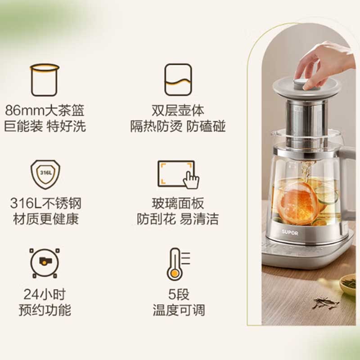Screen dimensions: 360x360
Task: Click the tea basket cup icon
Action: [45, 80]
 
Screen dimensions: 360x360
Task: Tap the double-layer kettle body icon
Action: [178, 80]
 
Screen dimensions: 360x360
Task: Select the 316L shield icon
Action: [45, 175]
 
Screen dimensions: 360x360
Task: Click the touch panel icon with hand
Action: [178, 175]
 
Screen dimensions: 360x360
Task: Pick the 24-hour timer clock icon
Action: [45, 263]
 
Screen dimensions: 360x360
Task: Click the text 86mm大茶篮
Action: [45, 110]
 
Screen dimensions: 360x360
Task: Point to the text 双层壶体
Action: [178, 110]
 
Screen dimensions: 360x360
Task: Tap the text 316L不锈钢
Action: [46, 203]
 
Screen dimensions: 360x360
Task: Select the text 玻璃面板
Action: [178, 203]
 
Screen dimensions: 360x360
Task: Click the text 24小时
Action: [45, 294]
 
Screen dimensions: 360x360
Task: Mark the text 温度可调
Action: [179, 310]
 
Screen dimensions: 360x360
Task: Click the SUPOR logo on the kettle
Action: [290, 232]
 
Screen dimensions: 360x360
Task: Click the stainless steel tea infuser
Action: [306, 124]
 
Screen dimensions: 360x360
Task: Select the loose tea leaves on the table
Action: [325, 303]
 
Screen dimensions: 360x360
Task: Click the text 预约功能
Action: [45, 310]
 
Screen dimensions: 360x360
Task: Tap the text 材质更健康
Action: [46, 219]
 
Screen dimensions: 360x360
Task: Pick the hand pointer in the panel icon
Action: [191, 180]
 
